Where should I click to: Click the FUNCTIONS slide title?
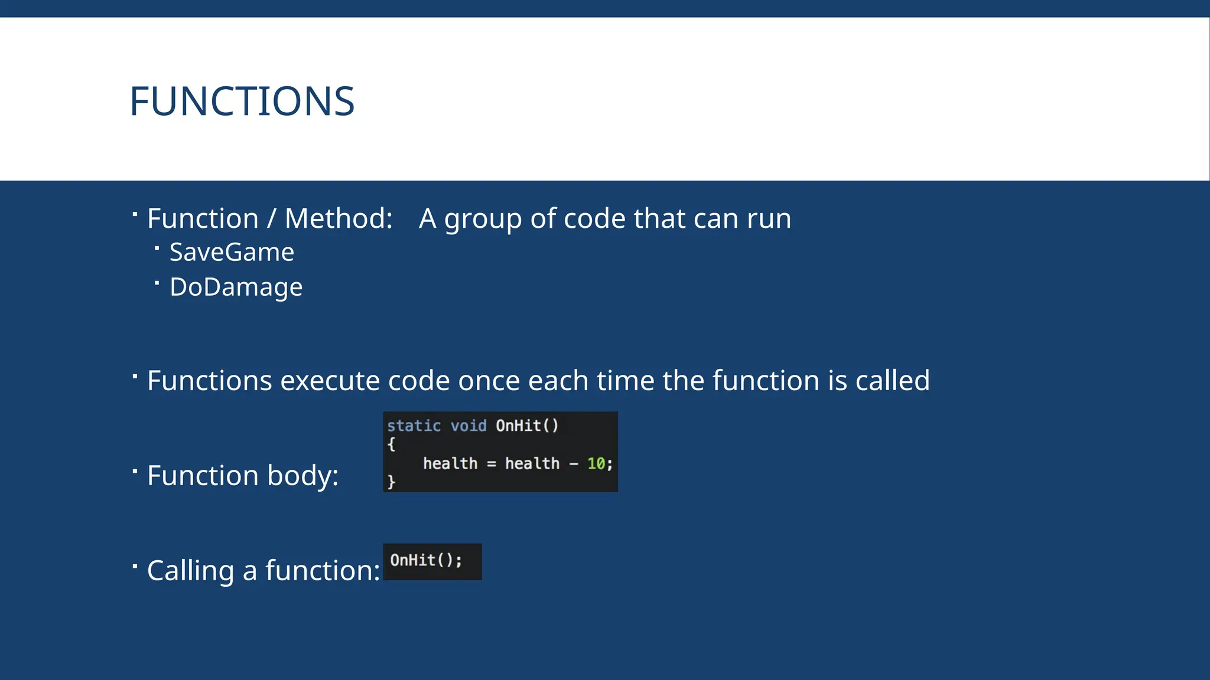pos(242,102)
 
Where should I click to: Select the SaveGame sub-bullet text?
pos(232,253)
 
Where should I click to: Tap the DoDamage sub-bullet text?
pos(236,287)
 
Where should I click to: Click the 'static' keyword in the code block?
pos(414,426)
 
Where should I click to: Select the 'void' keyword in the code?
pos(469,426)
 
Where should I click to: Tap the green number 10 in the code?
pos(596,464)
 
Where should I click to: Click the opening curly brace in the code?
pos(391,444)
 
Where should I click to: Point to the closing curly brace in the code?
pos(391,482)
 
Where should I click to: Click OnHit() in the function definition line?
pos(527,426)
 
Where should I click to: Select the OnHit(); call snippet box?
pos(432,561)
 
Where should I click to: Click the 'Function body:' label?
pos(242,476)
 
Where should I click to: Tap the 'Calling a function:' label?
pos(263,571)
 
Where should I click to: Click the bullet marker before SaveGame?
pos(157,249)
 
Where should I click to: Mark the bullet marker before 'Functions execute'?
pos(135,376)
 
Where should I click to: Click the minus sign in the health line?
pos(574,465)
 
